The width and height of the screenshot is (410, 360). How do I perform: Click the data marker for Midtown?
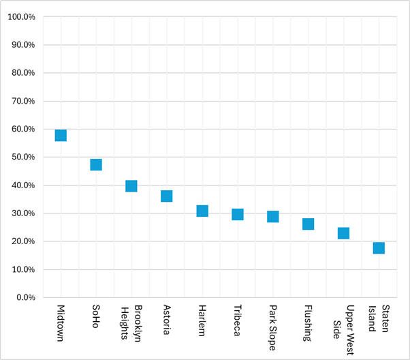click(61, 136)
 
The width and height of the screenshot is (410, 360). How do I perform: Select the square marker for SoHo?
click(96, 165)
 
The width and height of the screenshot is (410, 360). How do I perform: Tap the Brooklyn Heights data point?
click(131, 186)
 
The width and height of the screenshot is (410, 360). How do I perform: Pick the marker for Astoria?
click(167, 196)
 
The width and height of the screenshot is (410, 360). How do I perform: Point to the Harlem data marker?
click(202, 211)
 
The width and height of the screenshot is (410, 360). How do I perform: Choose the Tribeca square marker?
click(238, 214)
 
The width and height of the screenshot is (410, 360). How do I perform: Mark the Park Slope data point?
click(273, 217)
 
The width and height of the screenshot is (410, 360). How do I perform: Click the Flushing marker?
click(309, 224)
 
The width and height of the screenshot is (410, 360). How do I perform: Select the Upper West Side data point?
click(343, 233)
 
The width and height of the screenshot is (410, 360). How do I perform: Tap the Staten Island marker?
click(379, 248)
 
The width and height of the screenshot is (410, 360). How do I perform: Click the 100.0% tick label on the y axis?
click(21, 17)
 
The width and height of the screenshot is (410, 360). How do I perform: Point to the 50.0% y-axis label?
click(23, 157)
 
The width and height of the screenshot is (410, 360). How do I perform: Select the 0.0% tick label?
click(26, 297)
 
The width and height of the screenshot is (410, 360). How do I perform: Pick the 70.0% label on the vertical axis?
click(23, 101)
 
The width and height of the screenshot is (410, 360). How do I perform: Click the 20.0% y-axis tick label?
click(23, 241)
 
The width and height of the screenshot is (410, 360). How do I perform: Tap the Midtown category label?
click(61, 323)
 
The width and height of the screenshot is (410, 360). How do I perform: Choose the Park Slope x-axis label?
click(272, 328)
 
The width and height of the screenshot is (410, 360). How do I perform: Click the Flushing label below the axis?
click(308, 323)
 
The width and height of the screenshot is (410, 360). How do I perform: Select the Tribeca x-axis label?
click(238, 320)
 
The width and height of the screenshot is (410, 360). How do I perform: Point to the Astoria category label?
click(167, 320)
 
